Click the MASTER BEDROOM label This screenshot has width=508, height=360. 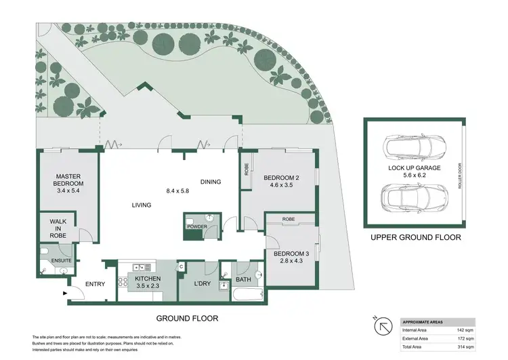[x=69, y=180]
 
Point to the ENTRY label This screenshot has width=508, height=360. [x=95, y=284]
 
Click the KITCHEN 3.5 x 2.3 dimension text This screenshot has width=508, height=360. [x=148, y=287]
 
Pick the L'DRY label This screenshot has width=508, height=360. [x=203, y=284]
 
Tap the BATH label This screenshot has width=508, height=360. [x=244, y=279]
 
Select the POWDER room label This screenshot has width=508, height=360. [x=197, y=226]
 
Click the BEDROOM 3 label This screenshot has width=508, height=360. [x=291, y=254]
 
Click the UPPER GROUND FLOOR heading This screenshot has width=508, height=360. [x=415, y=238]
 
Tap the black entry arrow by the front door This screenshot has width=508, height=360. [x=65, y=294]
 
